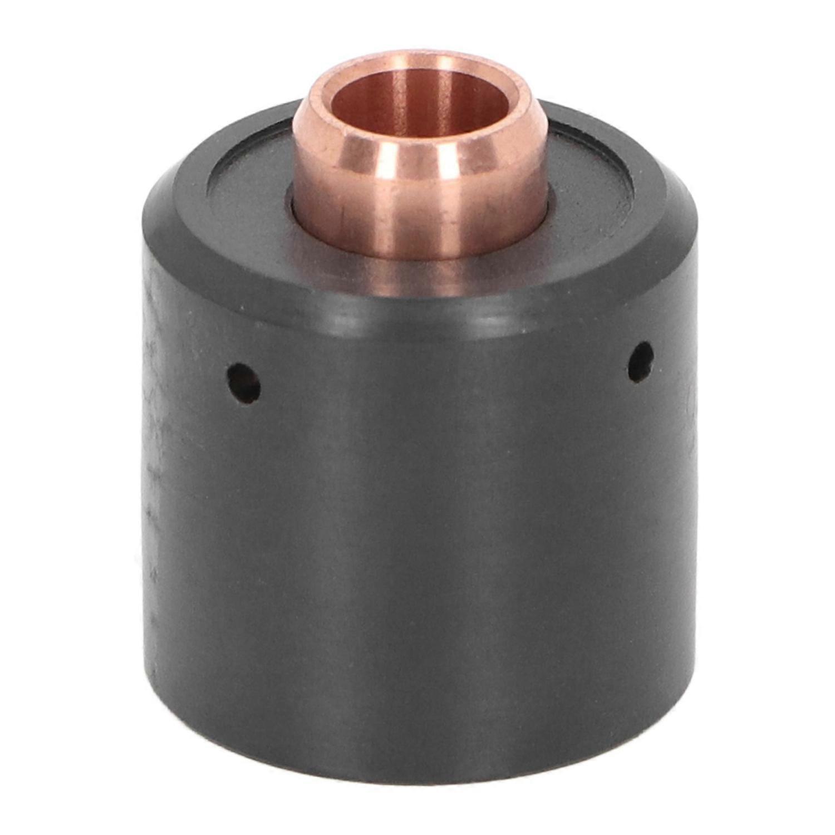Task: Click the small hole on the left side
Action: coord(243,382)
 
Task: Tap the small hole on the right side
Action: coord(640,362)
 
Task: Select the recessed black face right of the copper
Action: coord(590,189)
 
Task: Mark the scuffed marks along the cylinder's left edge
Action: coord(153,445)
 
